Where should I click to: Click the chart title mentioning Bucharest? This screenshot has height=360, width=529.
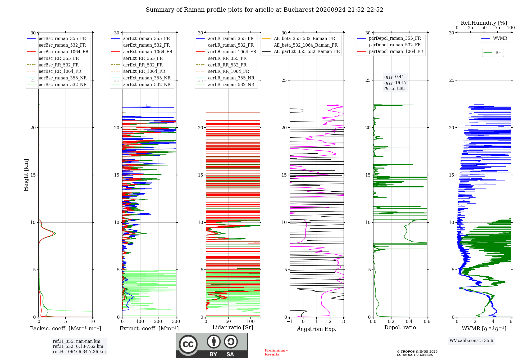(x=264, y=10)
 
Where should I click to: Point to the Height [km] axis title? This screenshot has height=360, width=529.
(x=26, y=175)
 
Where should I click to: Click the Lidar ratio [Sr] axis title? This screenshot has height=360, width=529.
(x=233, y=327)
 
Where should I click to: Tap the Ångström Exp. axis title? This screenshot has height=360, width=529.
(x=317, y=329)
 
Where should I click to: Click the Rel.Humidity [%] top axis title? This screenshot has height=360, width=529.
(x=484, y=23)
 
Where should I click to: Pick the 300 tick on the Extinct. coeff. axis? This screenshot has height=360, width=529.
(x=176, y=322)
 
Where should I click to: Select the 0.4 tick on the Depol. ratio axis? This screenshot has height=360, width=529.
(x=409, y=322)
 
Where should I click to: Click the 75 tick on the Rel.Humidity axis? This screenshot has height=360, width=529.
(x=498, y=28)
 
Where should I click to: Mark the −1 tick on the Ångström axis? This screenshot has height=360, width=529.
(x=289, y=322)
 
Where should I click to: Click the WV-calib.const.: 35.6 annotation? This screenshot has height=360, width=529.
(x=471, y=340)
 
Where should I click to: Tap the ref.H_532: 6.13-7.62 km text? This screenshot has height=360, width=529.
(x=78, y=346)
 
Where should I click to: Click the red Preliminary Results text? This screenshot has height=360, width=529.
(x=276, y=352)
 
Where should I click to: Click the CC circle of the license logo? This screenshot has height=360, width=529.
(x=188, y=344)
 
